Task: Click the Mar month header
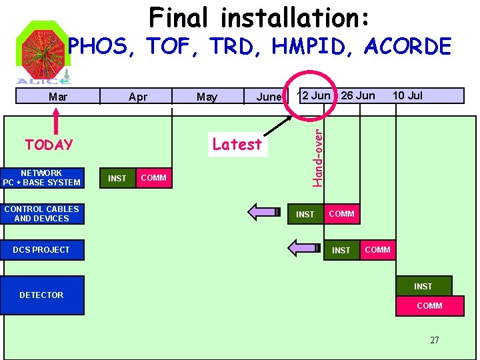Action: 59,97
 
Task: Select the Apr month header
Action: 137,97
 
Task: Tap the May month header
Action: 207,97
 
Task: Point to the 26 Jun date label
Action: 358,95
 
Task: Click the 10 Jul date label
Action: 407,95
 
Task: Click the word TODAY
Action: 49,145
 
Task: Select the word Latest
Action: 237,144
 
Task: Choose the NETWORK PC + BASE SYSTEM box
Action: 42,178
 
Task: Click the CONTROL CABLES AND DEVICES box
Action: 42,214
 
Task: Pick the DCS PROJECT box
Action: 42,250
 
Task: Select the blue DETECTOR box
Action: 42,295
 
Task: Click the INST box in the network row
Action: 117,178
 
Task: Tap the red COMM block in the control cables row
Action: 341,214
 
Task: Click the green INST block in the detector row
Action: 423,286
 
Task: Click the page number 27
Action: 435,340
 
